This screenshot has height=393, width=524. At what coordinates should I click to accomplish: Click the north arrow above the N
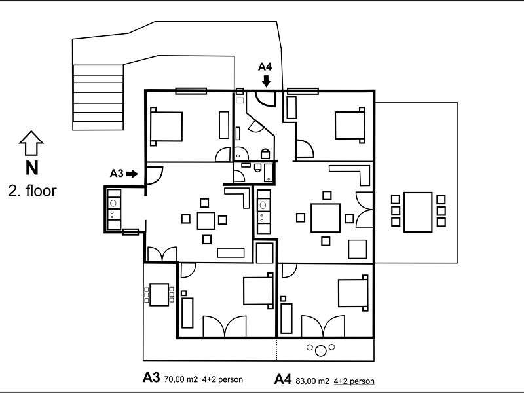point(31,143)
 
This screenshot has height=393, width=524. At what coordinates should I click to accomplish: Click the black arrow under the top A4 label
point(266,81)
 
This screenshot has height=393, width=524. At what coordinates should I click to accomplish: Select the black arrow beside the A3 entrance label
point(132,174)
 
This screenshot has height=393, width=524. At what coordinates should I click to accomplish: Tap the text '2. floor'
point(32,191)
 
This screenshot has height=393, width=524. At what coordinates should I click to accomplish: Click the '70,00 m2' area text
point(181,379)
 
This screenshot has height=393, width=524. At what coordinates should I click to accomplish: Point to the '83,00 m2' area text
point(312,381)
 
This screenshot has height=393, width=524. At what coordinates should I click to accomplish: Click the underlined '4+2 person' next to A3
point(223,379)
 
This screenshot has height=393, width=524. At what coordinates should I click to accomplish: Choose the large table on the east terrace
point(418,212)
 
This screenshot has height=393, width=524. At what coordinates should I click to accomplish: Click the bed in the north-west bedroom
point(166,126)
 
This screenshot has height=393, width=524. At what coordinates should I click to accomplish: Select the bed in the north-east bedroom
point(350,125)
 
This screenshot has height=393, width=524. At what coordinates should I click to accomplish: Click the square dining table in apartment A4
point(326,217)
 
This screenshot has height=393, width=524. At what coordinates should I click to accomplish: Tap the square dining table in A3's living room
point(206,221)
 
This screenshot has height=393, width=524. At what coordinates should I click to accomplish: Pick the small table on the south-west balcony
point(159,294)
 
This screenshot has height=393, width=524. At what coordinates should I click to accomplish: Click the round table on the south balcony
point(321,350)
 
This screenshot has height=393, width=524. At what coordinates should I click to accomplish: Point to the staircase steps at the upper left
point(98,97)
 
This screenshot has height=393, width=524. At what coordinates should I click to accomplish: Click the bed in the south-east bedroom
point(353,293)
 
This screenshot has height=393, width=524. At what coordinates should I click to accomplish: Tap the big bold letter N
point(31,168)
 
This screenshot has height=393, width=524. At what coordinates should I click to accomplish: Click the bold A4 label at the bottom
point(283,379)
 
